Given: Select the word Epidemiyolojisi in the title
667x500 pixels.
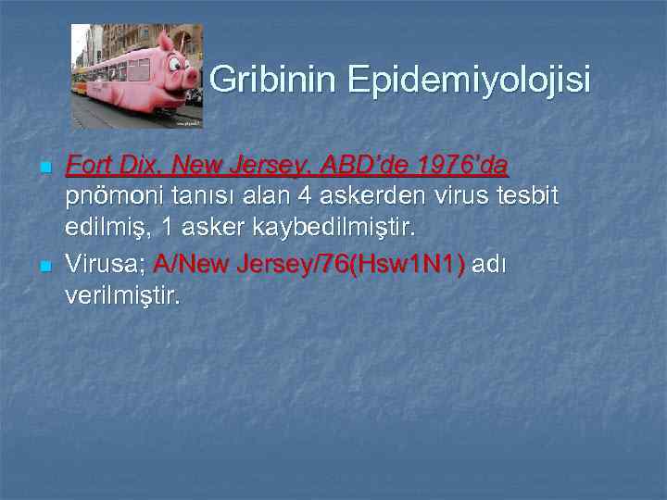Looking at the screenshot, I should [x=469, y=81].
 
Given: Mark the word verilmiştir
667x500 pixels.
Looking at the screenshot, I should [x=125, y=296].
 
